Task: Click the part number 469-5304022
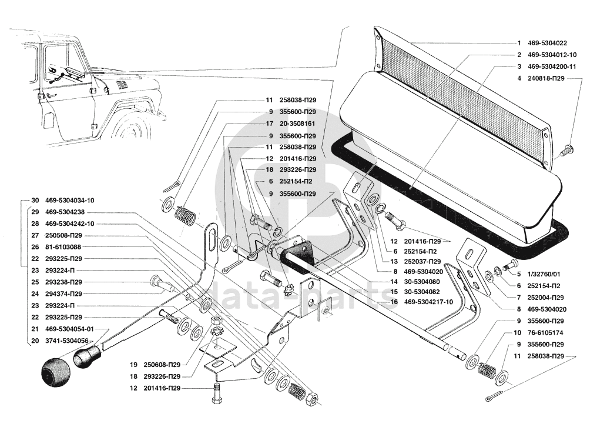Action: [x=546, y=43]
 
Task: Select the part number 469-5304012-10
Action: [x=552, y=55]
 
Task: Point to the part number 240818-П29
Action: [x=546, y=78]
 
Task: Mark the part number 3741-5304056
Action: [x=69, y=341]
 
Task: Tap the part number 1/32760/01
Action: [x=543, y=274]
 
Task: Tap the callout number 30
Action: [x=35, y=200]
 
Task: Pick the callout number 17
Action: [x=270, y=124]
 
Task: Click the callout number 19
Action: [x=134, y=364]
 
